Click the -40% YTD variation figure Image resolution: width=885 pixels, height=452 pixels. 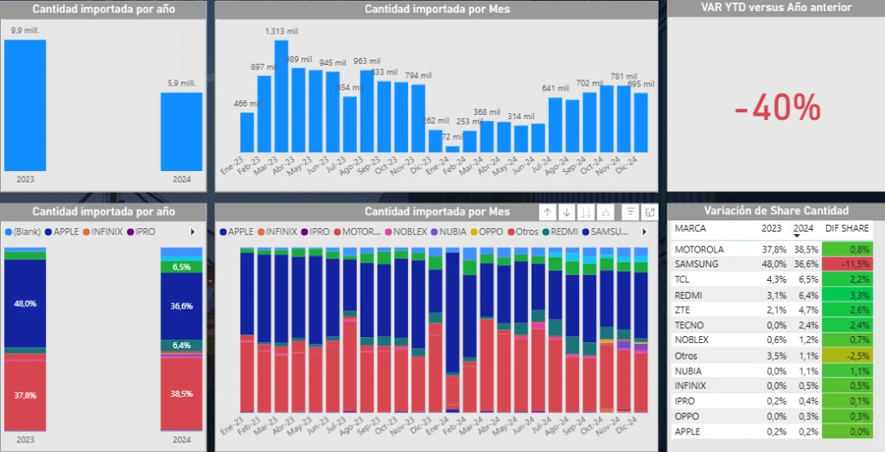point(777,108)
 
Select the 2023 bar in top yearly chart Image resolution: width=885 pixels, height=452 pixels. point(25,104)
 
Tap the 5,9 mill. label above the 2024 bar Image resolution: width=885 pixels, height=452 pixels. point(181,83)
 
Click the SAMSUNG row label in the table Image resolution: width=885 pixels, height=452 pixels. point(697,264)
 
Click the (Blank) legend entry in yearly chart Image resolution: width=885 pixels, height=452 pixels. point(25,232)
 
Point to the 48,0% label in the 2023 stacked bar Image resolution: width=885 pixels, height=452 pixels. point(24,304)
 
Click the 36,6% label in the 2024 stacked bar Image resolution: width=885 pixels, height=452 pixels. point(181,306)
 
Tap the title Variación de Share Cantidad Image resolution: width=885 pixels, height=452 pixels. point(776,211)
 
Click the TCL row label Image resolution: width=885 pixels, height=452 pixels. point(684,280)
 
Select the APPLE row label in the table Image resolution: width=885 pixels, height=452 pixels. point(688,431)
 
